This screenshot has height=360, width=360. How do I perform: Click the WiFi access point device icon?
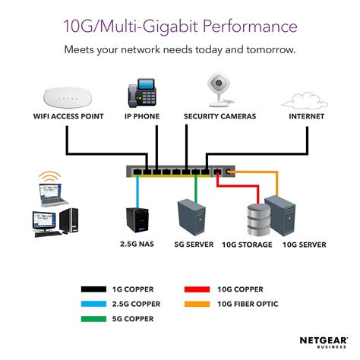pos(65,97)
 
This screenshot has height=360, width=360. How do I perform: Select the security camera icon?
pos(218,91)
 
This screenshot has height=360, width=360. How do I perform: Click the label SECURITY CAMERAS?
pos(220,118)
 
